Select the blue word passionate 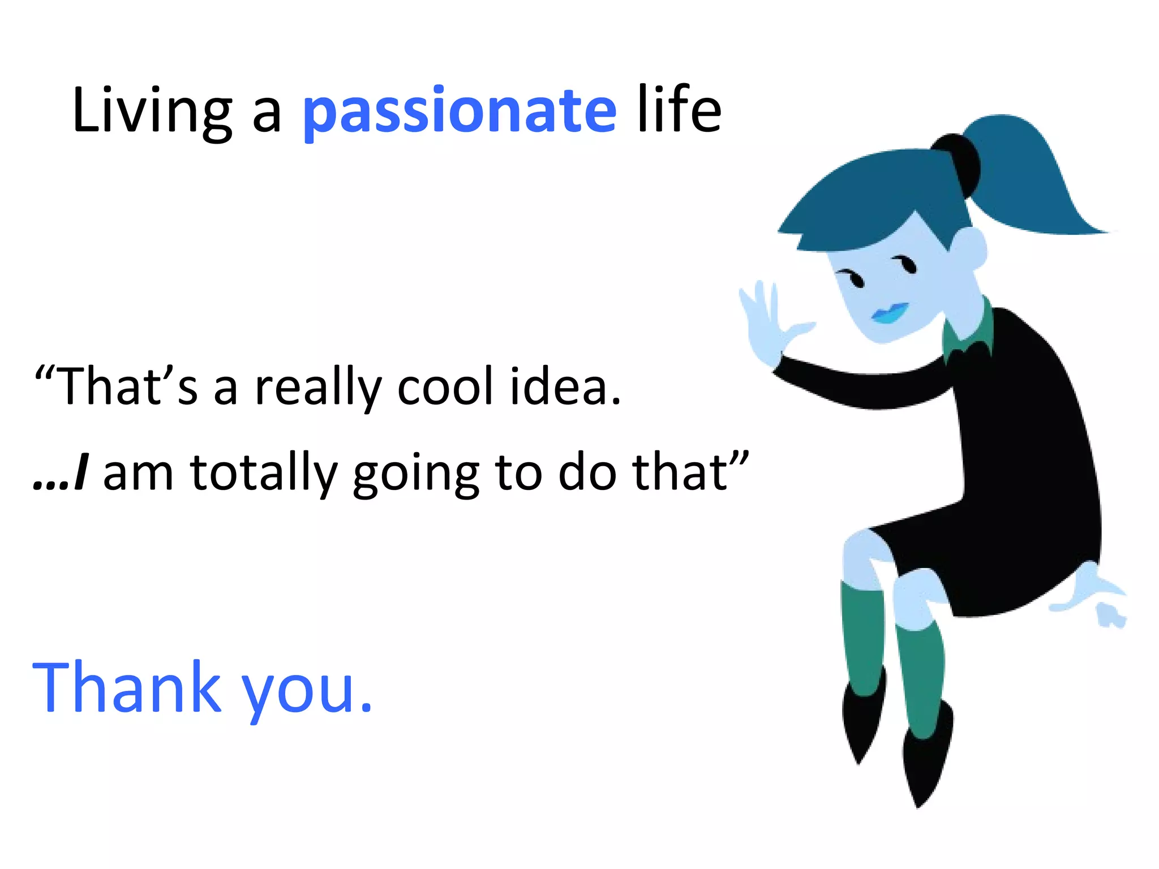(x=460, y=111)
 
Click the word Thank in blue (x=127, y=687)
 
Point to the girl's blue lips (x=890, y=313)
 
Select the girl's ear (x=969, y=249)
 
